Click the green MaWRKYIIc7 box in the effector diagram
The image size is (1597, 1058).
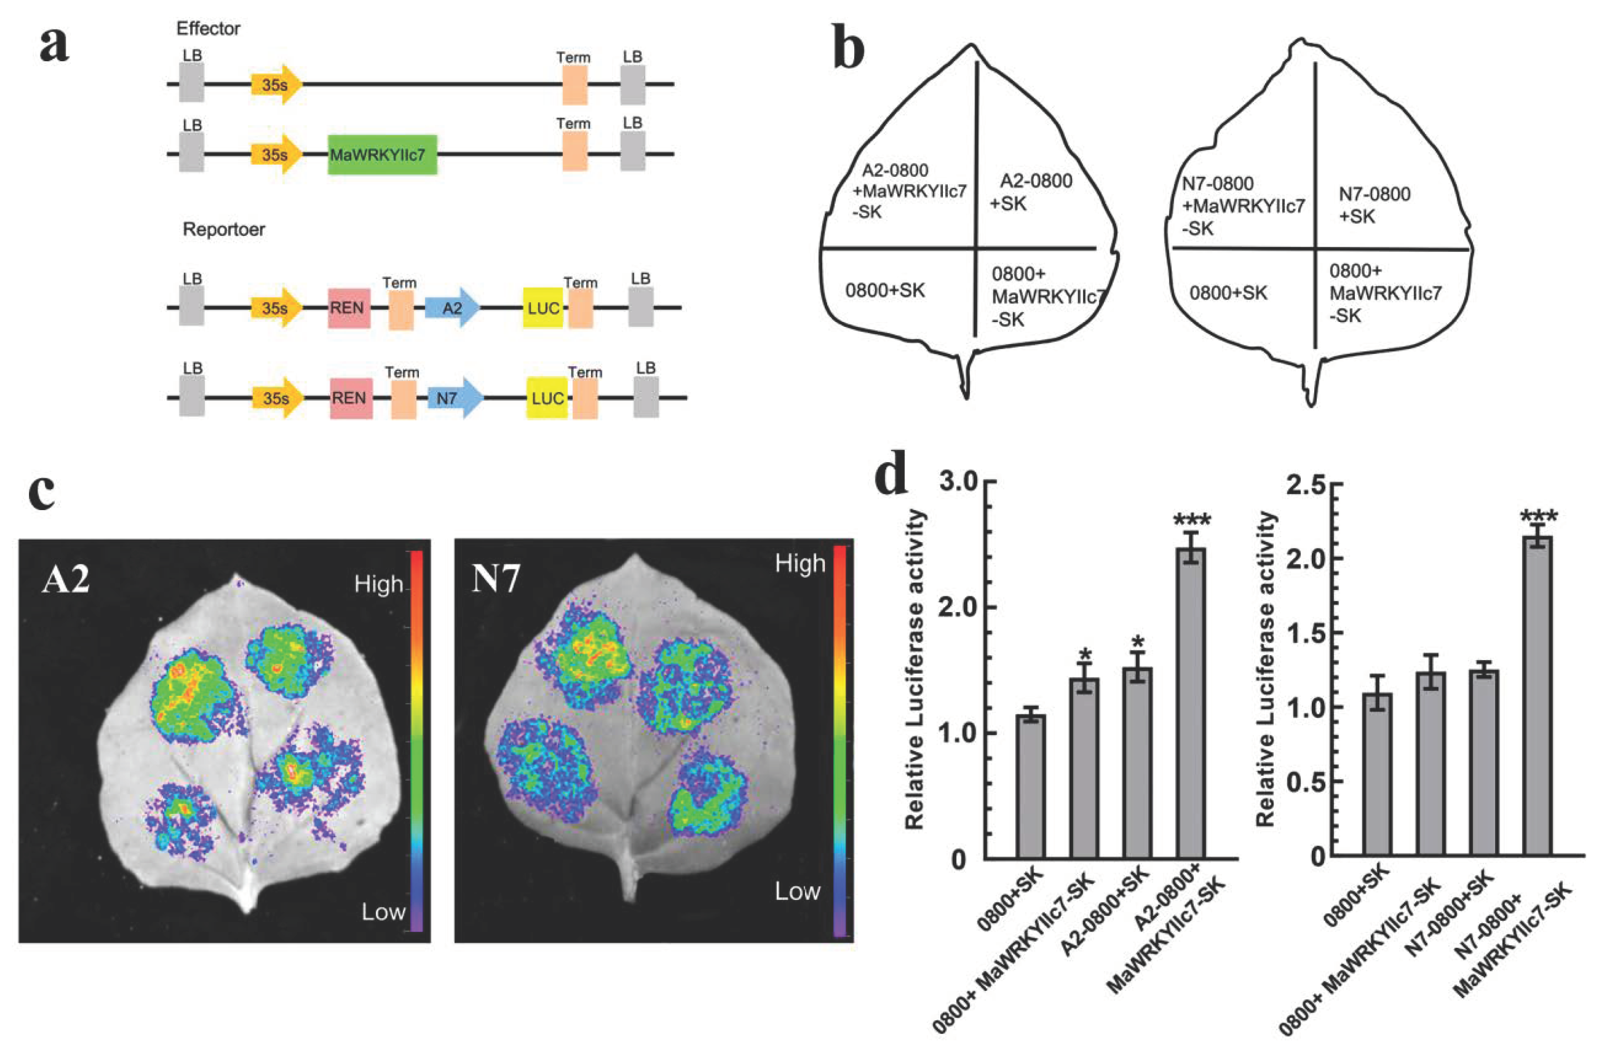(382, 154)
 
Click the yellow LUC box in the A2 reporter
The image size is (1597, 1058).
(542, 308)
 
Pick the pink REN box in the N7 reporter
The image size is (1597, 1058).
(350, 398)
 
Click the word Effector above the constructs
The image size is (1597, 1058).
(208, 28)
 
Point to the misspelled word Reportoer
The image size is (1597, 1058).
(223, 229)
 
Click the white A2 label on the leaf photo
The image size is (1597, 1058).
(66, 578)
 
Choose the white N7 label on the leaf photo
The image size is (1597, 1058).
(496, 578)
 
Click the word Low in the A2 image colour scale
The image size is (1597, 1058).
(383, 912)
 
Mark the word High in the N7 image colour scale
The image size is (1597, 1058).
(800, 564)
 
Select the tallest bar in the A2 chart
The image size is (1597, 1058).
(1190, 702)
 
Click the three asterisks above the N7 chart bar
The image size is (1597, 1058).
(1538, 518)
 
